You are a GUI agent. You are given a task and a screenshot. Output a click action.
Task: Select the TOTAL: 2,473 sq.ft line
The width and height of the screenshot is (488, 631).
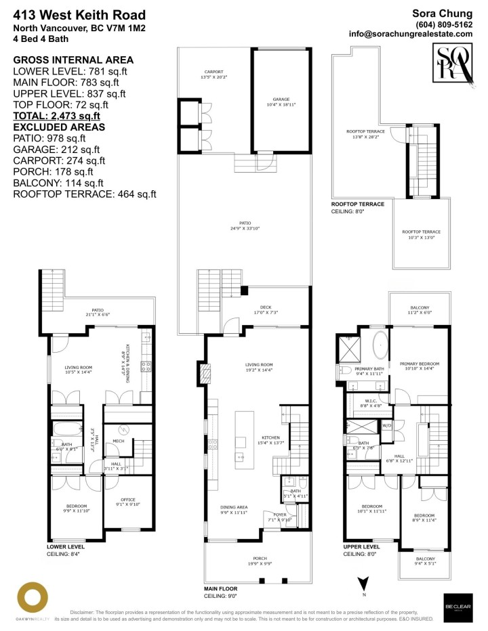click(x=57, y=116)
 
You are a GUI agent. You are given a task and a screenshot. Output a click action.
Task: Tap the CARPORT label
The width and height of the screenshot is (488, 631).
click(x=214, y=73)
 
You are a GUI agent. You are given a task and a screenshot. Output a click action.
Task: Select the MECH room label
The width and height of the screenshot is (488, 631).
click(x=118, y=441)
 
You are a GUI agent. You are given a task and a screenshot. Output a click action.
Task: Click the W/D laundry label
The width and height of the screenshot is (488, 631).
click(x=387, y=426)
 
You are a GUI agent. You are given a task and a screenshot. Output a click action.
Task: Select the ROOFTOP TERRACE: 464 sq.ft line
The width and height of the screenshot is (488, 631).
click(x=85, y=194)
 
